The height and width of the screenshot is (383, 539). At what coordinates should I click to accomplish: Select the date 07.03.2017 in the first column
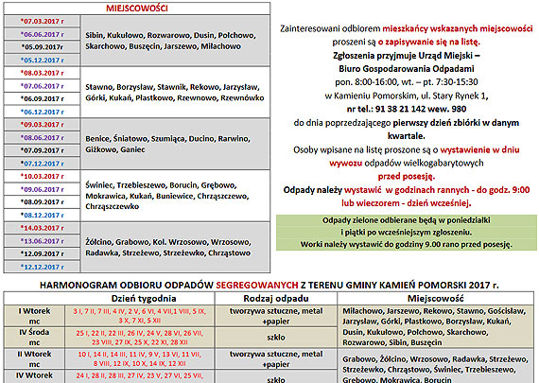[42, 19]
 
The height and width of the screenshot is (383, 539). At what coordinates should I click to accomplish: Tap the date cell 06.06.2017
[42, 32]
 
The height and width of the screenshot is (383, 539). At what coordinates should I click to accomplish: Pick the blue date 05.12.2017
[42, 58]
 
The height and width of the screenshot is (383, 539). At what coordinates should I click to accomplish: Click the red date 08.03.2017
[42, 71]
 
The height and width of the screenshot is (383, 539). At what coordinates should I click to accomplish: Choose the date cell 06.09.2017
[42, 97]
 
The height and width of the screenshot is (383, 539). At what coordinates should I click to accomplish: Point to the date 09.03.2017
[42, 124]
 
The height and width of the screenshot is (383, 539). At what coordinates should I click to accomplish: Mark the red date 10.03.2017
[42, 176]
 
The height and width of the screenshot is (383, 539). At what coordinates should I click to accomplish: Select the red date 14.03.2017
[42, 228]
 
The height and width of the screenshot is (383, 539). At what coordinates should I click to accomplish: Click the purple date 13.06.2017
[42, 241]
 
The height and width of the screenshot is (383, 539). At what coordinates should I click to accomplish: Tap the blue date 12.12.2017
[42, 267]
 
